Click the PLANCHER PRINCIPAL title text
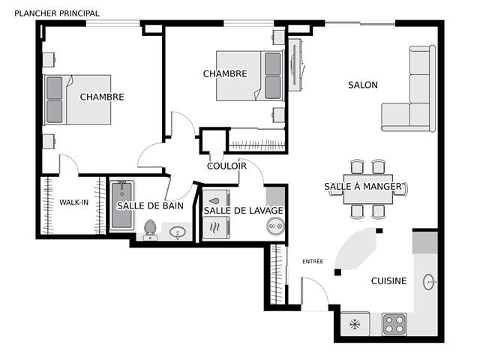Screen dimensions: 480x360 point(57,13)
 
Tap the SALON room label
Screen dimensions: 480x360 point(363,85)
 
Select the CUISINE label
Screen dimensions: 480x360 point(388,280)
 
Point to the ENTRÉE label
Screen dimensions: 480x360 point(313,261)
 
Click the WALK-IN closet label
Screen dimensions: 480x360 point(73,202)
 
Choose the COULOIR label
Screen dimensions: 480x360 point(226,166)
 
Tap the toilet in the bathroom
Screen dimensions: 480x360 point(150,229)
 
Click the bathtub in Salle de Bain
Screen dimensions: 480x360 point(121,205)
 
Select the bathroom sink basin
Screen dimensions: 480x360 point(177,232)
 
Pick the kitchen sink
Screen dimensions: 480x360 point(430,282)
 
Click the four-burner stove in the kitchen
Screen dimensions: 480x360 point(394,324)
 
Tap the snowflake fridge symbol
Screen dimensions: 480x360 point(355,324)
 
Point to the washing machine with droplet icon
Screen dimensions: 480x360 point(216,202)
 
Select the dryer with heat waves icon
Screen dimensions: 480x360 point(216,227)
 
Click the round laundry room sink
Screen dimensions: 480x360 point(275,226)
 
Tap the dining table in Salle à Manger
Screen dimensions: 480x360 point(367,189)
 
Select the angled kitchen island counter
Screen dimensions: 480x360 point(356,248)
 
